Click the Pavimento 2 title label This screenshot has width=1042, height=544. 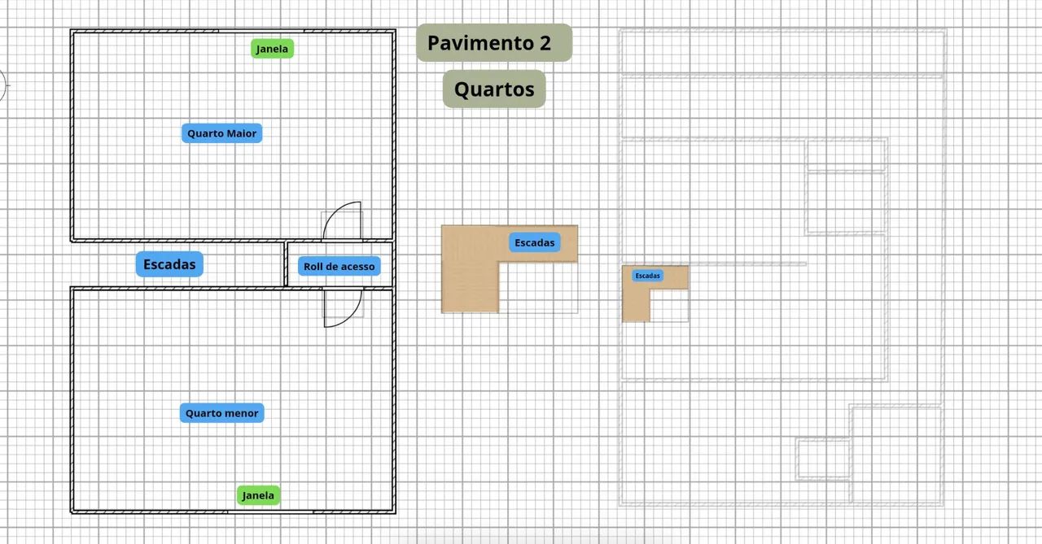pyautogui.click(x=494, y=43)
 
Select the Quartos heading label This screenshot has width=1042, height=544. pyautogui.click(x=494, y=89)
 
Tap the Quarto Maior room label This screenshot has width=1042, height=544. pyautogui.click(x=222, y=133)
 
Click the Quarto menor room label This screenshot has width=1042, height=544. pyautogui.click(x=222, y=413)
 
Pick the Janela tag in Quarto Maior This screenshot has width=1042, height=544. pyautogui.click(x=272, y=48)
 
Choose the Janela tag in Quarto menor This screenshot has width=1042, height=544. pyautogui.click(x=258, y=495)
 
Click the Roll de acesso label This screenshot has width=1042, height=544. pyautogui.click(x=339, y=266)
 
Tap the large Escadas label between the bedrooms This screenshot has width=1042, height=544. pyautogui.click(x=169, y=264)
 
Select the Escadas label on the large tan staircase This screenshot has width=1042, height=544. pyautogui.click(x=535, y=242)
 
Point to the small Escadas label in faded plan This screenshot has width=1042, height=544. pyautogui.click(x=647, y=276)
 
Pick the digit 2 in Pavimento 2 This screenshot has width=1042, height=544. pyautogui.click(x=545, y=43)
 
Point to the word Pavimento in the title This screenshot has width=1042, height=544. pyautogui.click(x=480, y=43)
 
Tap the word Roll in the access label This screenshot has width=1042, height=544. pyautogui.click(x=312, y=266)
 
